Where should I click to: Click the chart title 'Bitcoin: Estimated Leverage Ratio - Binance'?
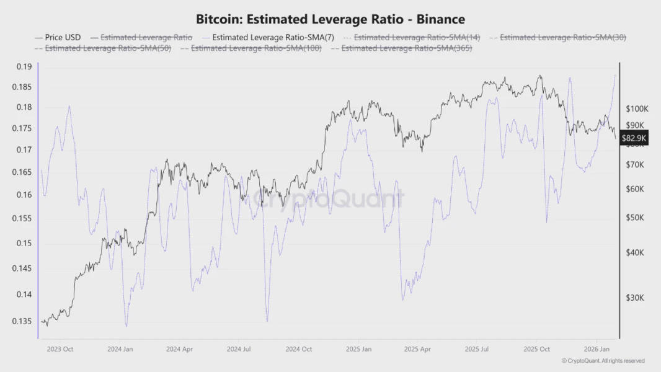(330, 20)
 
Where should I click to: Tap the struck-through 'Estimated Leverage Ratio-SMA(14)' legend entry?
(417, 37)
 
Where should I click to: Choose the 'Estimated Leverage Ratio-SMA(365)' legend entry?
(406, 48)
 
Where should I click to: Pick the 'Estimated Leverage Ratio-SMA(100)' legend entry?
(255, 48)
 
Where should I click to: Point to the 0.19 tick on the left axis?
(24, 67)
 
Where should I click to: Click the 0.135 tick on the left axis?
(22, 321)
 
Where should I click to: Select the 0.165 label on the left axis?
(22, 172)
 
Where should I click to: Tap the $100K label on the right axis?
(636, 108)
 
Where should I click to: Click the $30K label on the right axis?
(634, 298)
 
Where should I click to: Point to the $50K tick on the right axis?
(634, 218)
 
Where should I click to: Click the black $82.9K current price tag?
(634, 138)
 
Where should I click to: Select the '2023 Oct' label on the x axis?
(60, 349)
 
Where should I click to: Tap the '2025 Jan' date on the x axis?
(358, 349)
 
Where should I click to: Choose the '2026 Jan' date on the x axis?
(595, 349)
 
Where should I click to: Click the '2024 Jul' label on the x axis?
(239, 349)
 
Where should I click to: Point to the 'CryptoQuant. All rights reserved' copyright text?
(603, 361)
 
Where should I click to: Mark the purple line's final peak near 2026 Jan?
(614, 75)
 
